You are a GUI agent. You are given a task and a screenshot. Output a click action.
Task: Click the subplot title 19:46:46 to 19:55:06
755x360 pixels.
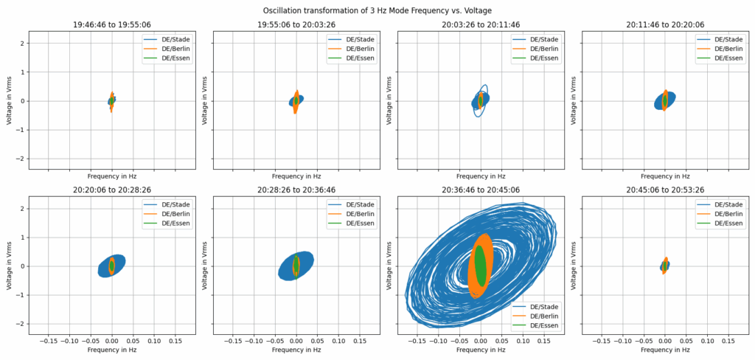click(x=111, y=24)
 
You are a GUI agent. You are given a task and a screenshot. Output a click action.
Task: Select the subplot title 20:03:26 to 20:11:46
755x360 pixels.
click(x=481, y=24)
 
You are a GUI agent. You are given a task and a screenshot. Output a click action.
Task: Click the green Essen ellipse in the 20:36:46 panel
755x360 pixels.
click(x=481, y=266)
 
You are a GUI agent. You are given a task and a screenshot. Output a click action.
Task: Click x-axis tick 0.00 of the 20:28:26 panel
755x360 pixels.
click(x=296, y=342)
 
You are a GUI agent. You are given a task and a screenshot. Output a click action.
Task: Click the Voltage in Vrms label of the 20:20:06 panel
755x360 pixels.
click(x=10, y=266)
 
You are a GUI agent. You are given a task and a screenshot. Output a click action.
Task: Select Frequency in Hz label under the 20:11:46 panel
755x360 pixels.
click(x=665, y=177)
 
